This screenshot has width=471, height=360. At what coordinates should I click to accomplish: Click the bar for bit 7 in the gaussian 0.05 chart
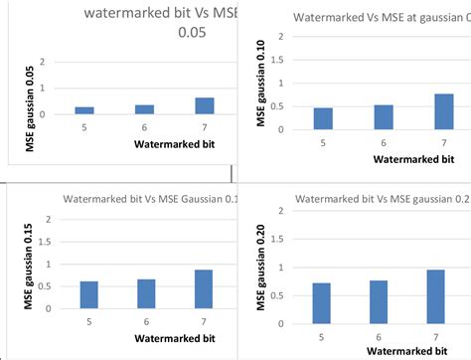click(x=204, y=106)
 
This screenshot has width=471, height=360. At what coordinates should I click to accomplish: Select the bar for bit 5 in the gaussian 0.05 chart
click(x=84, y=110)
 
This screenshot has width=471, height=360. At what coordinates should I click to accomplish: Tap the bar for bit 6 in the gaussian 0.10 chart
click(x=383, y=117)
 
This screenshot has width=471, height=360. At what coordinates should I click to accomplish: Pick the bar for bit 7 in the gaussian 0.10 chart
click(x=444, y=111)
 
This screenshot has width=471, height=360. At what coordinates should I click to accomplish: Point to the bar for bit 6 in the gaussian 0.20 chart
click(x=380, y=298)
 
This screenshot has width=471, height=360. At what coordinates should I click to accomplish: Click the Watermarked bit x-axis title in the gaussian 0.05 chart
click(x=175, y=145)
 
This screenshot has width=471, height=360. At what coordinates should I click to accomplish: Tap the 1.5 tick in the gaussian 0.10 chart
click(x=281, y=60)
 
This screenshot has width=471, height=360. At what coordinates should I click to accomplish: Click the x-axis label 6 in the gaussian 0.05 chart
click(x=144, y=126)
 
